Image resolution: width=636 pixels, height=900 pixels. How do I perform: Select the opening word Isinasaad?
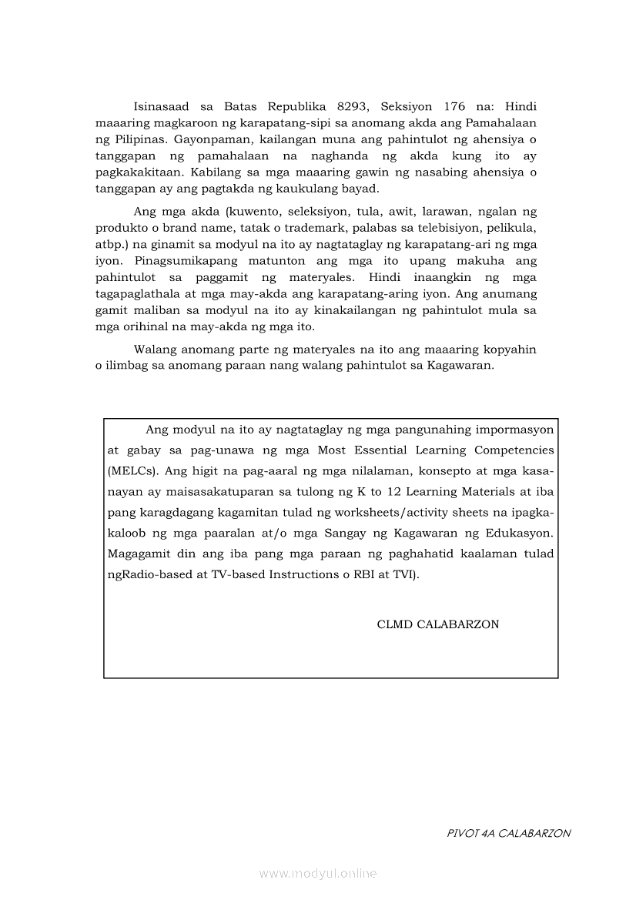[x=161, y=106]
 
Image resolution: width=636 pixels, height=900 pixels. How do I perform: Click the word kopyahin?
[x=506, y=350]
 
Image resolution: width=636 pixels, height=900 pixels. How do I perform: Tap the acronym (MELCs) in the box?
[x=133, y=470]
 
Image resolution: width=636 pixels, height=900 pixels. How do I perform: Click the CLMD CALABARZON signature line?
[x=437, y=624]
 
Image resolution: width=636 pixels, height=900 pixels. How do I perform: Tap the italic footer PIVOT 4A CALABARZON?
[x=508, y=833]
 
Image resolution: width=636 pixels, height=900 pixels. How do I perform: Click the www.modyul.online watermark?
[x=318, y=874]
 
